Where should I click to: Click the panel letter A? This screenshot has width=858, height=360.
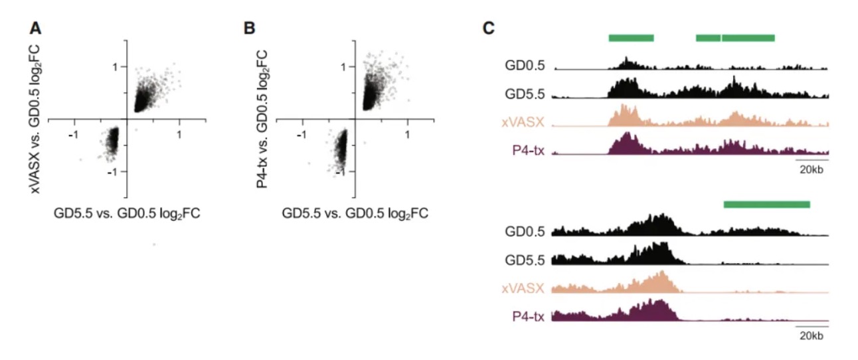click(35, 29)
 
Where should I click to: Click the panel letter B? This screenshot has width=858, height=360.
click(249, 29)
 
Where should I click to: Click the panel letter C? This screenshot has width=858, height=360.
click(489, 29)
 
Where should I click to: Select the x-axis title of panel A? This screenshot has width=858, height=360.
click(127, 213)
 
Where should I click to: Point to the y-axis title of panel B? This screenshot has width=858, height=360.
click(262, 119)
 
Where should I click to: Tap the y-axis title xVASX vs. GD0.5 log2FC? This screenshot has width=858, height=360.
click(35, 119)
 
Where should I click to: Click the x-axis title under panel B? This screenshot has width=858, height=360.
click(355, 213)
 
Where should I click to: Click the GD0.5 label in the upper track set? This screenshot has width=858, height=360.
click(525, 66)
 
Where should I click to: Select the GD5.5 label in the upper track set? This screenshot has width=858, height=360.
click(525, 94)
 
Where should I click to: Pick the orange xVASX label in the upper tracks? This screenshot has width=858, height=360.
click(523, 122)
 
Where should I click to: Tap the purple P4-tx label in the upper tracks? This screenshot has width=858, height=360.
click(528, 150)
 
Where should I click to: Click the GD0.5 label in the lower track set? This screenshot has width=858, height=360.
click(525, 232)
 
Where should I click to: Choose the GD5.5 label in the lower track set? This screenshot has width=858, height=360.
click(525, 260)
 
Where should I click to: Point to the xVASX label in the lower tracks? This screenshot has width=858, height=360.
click(523, 288)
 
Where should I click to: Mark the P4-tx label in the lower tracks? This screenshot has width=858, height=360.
click(528, 316)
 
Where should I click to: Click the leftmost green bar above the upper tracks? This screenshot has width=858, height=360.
click(632, 38)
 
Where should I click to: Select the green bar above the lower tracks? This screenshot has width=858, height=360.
click(767, 205)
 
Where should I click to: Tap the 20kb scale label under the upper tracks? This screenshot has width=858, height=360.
click(812, 169)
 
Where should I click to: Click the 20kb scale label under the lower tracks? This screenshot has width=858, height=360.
click(812, 336)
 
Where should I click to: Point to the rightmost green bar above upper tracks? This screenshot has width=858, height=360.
click(748, 38)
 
